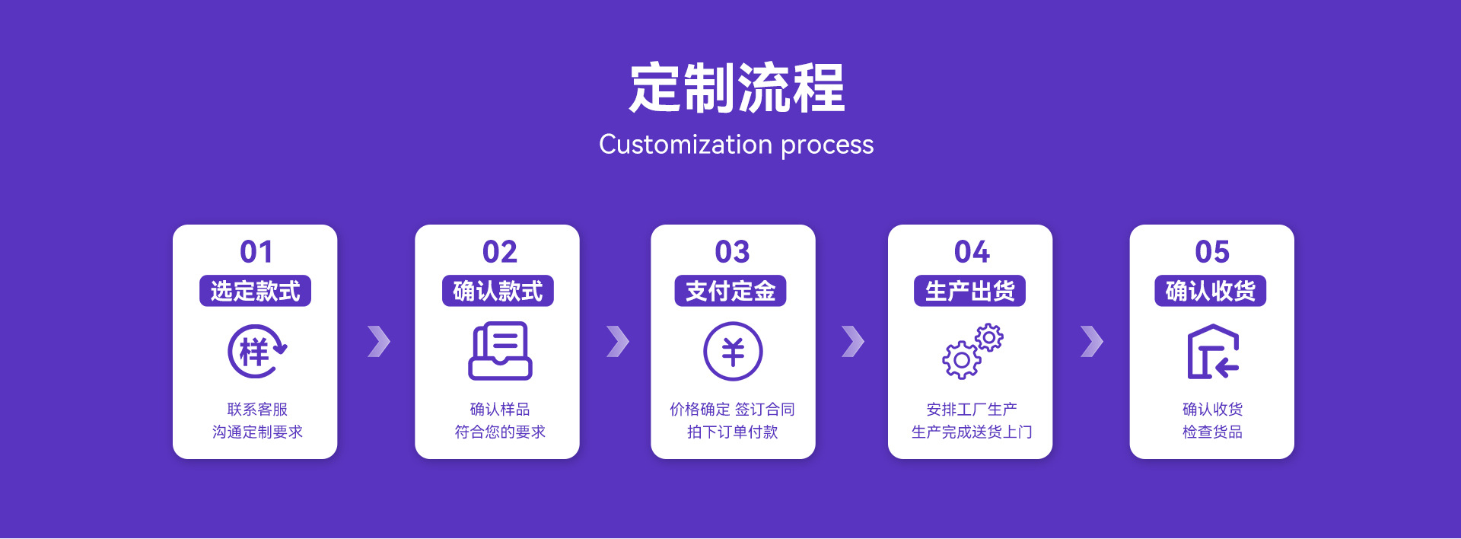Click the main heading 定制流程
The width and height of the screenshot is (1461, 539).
[737, 88]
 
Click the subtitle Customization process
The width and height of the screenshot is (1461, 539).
[737, 145]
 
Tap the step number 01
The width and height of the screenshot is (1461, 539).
[256, 252]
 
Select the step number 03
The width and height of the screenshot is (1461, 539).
[732, 252]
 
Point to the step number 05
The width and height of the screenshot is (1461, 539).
[1212, 252]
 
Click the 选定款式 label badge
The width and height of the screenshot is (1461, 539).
[255, 291]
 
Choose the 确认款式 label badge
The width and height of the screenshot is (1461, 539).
[498, 291]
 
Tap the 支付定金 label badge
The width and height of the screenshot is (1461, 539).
[730, 291]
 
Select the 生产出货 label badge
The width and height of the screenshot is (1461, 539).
[970, 291]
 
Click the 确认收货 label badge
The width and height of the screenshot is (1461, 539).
[1211, 291]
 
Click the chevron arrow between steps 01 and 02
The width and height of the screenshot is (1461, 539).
[379, 342]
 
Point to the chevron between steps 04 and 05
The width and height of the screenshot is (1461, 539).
[1092, 342]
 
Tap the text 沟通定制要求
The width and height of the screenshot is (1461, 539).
[257, 432]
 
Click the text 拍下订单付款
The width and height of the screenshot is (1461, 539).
[732, 432]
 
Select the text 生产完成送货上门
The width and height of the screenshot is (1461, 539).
[972, 432]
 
